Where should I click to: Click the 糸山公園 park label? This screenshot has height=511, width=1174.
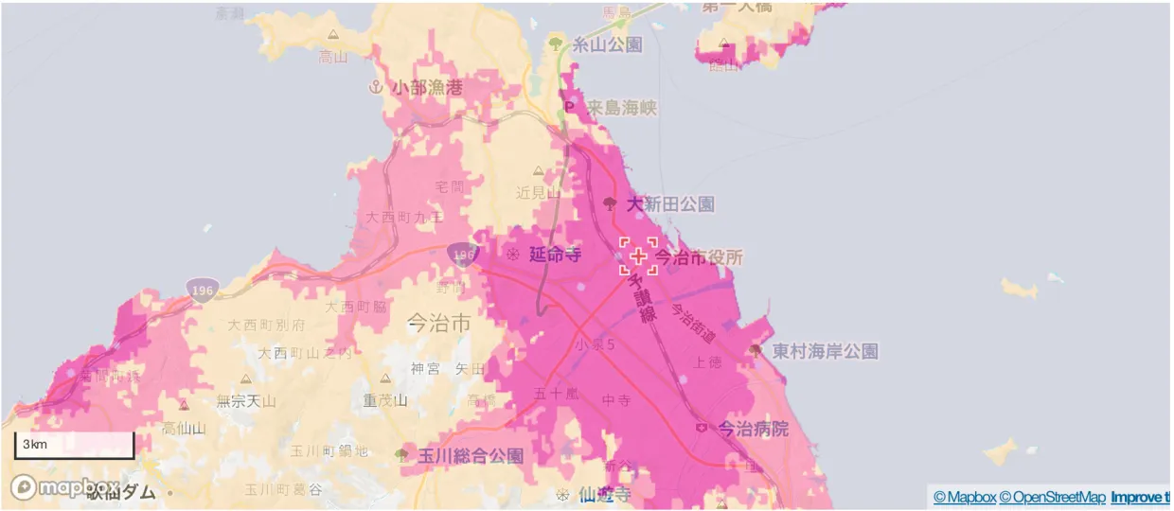coord(607,44)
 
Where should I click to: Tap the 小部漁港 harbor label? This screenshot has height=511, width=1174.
coord(428,87)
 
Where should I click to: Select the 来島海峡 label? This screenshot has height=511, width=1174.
coord(621,108)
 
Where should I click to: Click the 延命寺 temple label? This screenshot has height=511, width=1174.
coord(555,255)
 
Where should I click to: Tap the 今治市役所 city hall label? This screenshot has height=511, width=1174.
coord(700,256)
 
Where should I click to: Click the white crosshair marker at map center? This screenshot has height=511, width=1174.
coord(638,256)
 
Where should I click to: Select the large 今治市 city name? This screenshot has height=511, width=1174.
coord(438,323)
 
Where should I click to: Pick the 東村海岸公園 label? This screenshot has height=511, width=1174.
coord(825,352)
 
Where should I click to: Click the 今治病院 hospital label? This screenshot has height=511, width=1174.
coord(753,429)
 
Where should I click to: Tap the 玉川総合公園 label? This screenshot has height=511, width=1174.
coord(471,456)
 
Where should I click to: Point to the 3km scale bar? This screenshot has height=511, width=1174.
coord(74,445)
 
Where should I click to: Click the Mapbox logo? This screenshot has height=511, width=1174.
coord(64,487)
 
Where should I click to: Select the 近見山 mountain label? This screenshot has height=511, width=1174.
coord(539,191)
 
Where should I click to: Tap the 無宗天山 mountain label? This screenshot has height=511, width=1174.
coord(246,401)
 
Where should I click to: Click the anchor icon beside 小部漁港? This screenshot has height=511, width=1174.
coord(376,87)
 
